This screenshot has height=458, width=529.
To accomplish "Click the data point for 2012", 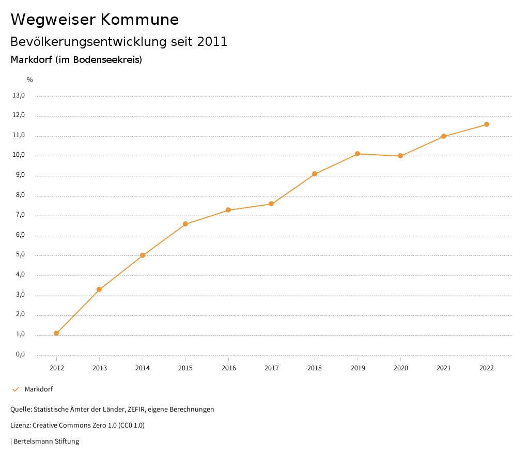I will tap(56, 333).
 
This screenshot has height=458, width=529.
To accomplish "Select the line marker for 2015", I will tap(185, 224).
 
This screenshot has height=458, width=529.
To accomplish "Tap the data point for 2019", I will tap(357, 154).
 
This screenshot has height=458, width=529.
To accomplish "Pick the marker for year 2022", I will tap(487, 124).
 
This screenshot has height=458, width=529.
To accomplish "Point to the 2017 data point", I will tap(271, 204).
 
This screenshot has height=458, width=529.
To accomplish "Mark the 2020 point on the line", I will tap(400, 156).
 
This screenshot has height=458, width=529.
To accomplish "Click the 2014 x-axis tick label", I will tap(143, 368).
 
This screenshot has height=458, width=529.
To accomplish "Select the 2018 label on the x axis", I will tap(315, 368).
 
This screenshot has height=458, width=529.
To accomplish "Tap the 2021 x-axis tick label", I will tap(444, 368).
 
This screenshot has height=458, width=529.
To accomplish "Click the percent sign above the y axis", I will tap(30, 79).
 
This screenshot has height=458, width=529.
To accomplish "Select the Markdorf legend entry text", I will tap(39, 389).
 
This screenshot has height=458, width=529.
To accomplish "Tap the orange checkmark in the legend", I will tap(15, 389).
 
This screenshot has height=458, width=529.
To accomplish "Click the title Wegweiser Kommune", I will tap(95, 20).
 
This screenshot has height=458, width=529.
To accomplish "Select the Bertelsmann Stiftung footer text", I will tap(46, 441).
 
